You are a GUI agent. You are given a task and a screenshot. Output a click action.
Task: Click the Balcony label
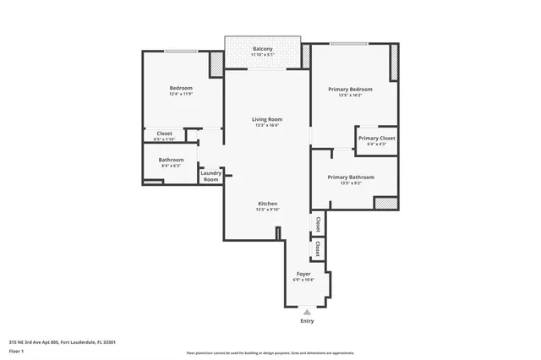coord(263,49)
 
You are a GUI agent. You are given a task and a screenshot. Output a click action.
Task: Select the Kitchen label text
coord(267,204)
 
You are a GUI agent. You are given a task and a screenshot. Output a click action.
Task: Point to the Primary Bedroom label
coord(350,89)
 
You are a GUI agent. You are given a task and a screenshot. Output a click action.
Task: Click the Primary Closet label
coord(376,138)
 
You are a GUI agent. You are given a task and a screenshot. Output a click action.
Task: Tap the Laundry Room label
coord(210,176)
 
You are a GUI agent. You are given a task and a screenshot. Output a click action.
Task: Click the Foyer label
coord(303,274)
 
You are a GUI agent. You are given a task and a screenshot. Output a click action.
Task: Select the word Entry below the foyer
coord(307,321)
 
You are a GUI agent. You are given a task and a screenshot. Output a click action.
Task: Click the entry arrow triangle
coord(307,311)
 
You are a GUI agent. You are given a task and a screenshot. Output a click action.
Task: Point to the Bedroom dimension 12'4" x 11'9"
coord(181,95)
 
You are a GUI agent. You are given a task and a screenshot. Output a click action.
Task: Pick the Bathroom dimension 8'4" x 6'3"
coord(171,166)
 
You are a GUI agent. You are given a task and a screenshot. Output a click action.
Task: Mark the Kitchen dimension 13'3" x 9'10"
coord(267,210)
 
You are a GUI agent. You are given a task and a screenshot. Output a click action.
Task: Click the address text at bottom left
coord(63,341)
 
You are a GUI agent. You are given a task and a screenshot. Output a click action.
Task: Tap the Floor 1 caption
coord(17,350)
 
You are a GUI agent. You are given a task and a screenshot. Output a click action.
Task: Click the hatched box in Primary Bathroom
coord(385,203)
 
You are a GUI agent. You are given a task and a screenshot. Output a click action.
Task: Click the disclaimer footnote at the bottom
coord(271,351)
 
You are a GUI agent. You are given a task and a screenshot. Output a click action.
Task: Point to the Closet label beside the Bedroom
coord(165,133)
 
